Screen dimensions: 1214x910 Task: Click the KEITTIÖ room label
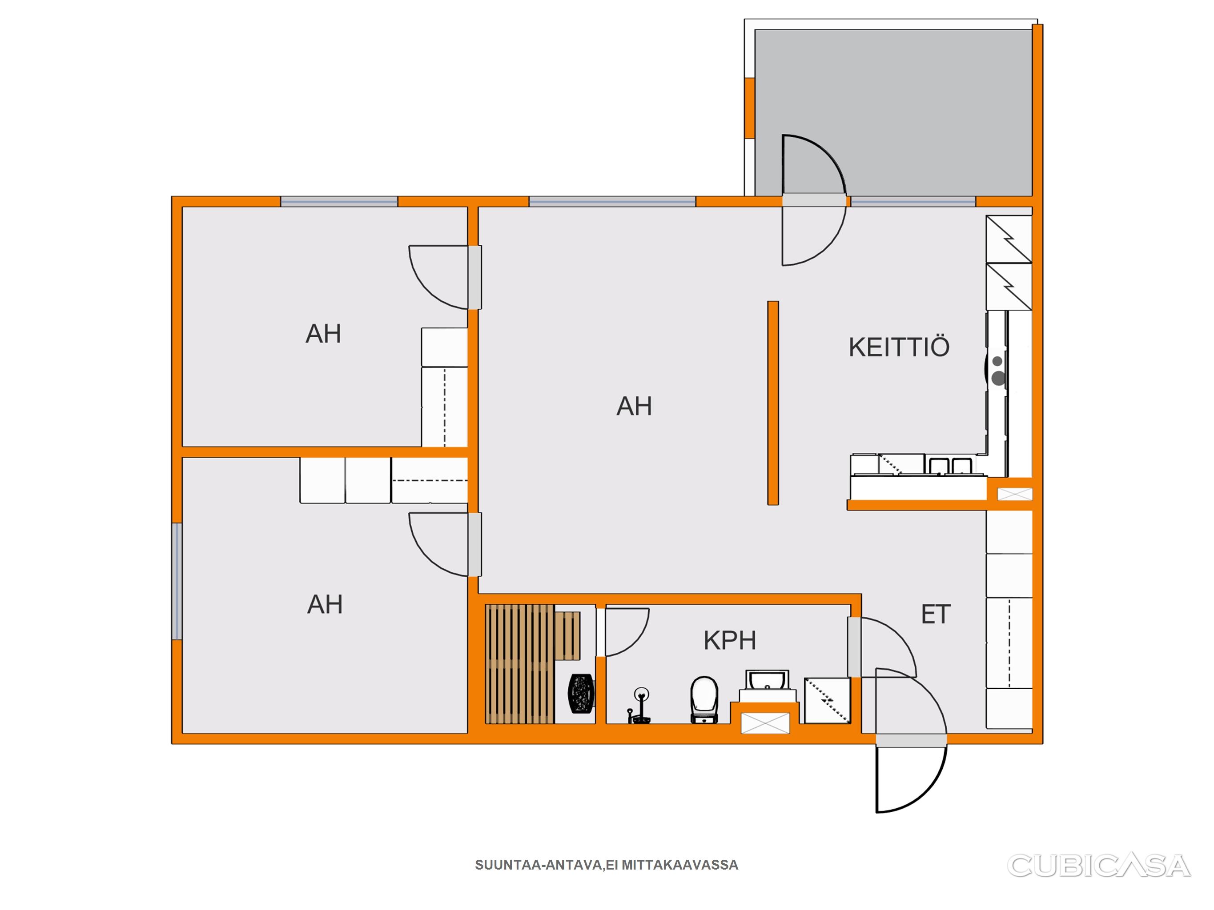pos(899,347)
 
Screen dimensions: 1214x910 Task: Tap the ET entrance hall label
pos(936,615)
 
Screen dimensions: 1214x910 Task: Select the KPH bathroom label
pos(730,640)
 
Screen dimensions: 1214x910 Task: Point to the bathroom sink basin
pos(767,681)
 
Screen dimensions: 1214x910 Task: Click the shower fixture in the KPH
pos(638,706)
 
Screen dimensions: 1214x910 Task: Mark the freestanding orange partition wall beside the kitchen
pos(773,403)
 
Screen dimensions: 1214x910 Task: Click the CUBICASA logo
pos(1099,866)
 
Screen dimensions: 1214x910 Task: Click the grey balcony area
pos(893,112)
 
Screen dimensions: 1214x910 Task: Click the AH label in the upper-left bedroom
pos(323,334)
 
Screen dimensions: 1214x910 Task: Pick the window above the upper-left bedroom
pos(339,201)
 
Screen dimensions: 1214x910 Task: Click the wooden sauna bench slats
pos(520,664)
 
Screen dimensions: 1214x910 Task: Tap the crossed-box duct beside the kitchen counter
pos(1014,494)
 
